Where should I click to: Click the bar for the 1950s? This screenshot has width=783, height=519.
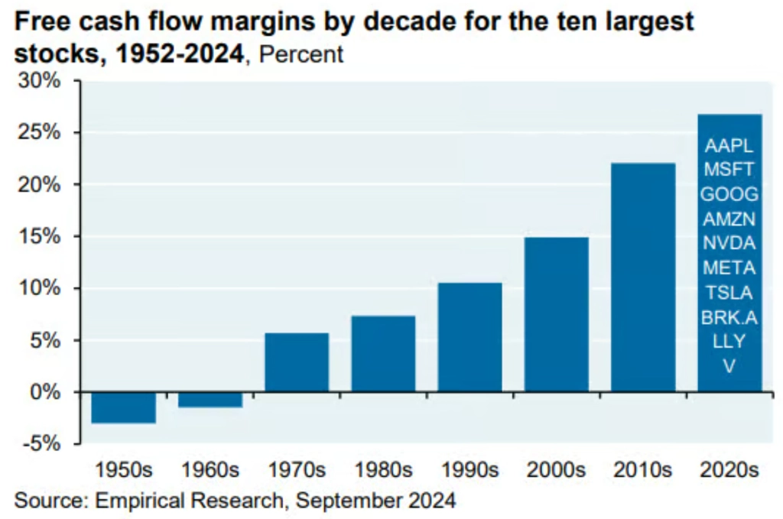tap(123, 407)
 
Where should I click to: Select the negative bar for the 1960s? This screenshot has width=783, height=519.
tap(210, 399)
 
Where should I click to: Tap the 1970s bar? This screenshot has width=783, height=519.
tap(297, 362)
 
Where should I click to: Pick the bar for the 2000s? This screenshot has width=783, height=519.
tap(557, 315)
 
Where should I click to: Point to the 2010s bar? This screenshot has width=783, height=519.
tap(643, 277)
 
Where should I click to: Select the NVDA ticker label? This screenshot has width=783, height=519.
tap(729, 244)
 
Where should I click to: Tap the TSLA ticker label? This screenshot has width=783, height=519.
tap(729, 293)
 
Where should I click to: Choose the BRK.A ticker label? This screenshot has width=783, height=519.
tap(729, 317)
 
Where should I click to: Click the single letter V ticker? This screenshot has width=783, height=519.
tap(729, 366)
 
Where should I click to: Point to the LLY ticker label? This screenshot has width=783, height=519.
tap(729, 342)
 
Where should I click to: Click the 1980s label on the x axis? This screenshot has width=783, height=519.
tap(383, 469)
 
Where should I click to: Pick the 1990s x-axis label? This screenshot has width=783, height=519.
tap(469, 469)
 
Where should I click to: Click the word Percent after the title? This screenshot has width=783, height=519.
tap(300, 55)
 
